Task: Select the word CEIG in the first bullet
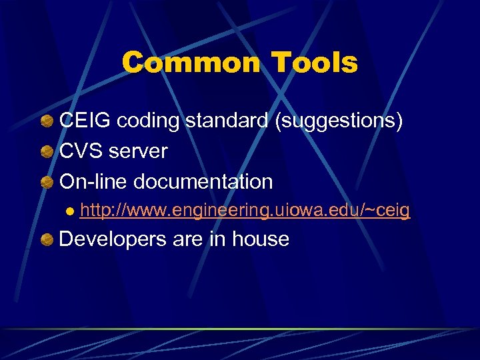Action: pyautogui.click(x=85, y=121)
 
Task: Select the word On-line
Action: pyautogui.click(x=93, y=181)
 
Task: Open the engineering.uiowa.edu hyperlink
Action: pyautogui.click(x=245, y=211)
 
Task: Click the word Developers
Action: pyautogui.click(x=113, y=239)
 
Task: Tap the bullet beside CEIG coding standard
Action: pyautogui.click(x=47, y=122)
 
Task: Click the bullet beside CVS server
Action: pyautogui.click(x=47, y=152)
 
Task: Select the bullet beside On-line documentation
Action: pyautogui.click(x=47, y=182)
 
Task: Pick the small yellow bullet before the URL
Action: pyautogui.click(x=69, y=212)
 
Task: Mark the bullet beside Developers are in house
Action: pyautogui.click(x=47, y=239)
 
